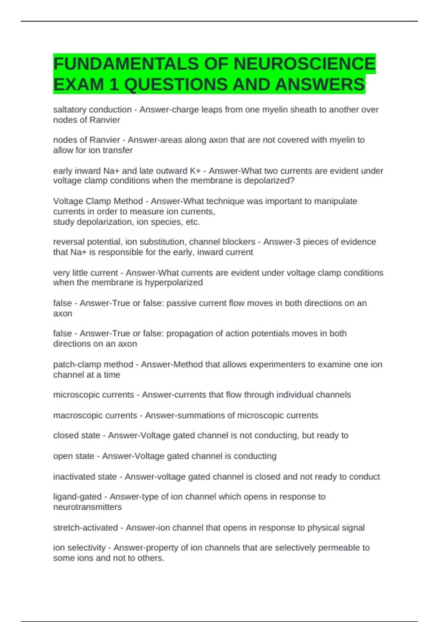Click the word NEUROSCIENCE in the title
click(304, 64)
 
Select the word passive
click(181, 303)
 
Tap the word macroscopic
click(75, 416)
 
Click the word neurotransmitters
click(87, 507)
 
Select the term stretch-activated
click(85, 528)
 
